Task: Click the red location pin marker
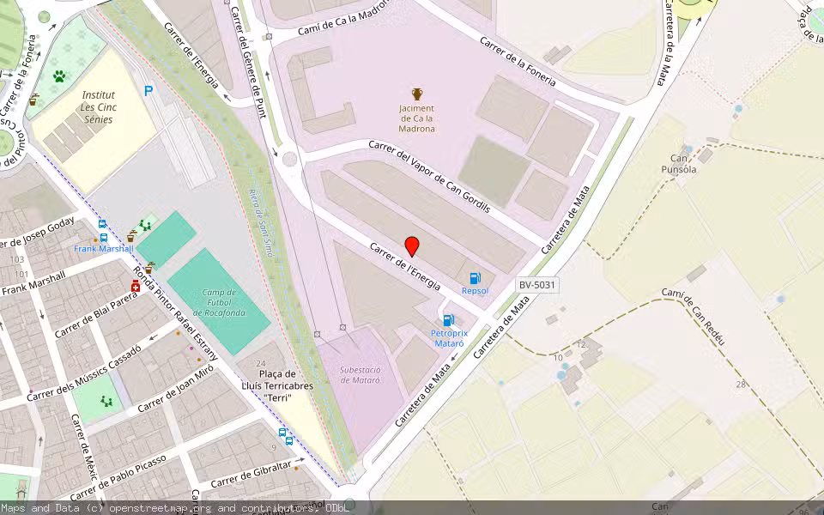(412, 246)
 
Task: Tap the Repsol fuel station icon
(476, 278)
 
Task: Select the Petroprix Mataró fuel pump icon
(448, 320)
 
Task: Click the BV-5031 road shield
(538, 285)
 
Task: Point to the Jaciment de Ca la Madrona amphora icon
(417, 94)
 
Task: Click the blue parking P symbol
(149, 90)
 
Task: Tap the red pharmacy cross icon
(136, 286)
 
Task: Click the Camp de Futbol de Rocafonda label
(218, 302)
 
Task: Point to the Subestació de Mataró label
(360, 374)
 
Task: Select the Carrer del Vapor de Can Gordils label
(428, 175)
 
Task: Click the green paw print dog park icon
(59, 76)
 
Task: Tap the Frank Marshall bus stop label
(104, 249)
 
